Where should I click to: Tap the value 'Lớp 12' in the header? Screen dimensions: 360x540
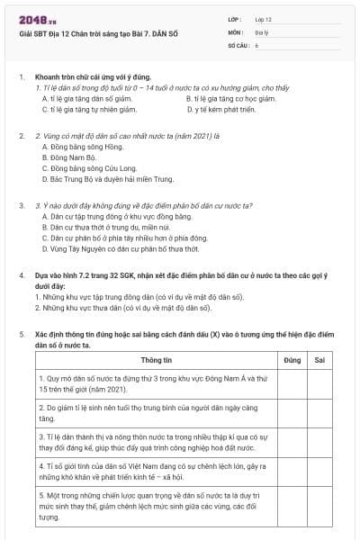(x=264, y=18)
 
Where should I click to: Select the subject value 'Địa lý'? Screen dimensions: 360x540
(x=262, y=31)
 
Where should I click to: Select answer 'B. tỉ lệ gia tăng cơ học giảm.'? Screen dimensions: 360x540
(x=230, y=98)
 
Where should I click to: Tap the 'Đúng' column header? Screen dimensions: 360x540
(x=292, y=360)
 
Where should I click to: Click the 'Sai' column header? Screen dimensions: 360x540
(x=319, y=360)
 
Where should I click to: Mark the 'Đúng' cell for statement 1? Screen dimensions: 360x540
(x=292, y=384)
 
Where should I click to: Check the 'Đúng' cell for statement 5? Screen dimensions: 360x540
(x=292, y=506)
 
